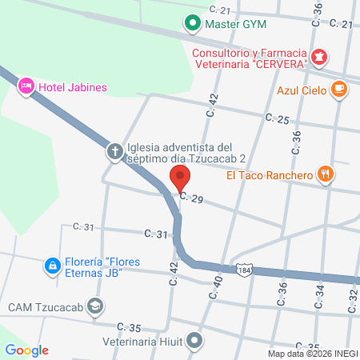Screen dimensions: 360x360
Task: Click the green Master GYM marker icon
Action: [193, 24]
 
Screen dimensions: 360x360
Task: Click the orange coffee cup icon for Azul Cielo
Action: [338, 90]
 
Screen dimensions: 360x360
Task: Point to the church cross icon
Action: [115, 150]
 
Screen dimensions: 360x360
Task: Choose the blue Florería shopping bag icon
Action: [51, 264]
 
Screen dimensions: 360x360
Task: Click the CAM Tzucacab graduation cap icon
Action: [95, 306]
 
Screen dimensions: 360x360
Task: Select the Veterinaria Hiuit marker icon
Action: [193, 341]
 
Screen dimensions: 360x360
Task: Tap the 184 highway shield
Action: [244, 270]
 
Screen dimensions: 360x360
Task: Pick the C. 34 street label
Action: [320, 296]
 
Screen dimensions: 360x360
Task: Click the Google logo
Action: [26, 350]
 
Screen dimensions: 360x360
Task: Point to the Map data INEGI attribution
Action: [312, 354]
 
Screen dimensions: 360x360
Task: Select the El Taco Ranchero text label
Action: [268, 175]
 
